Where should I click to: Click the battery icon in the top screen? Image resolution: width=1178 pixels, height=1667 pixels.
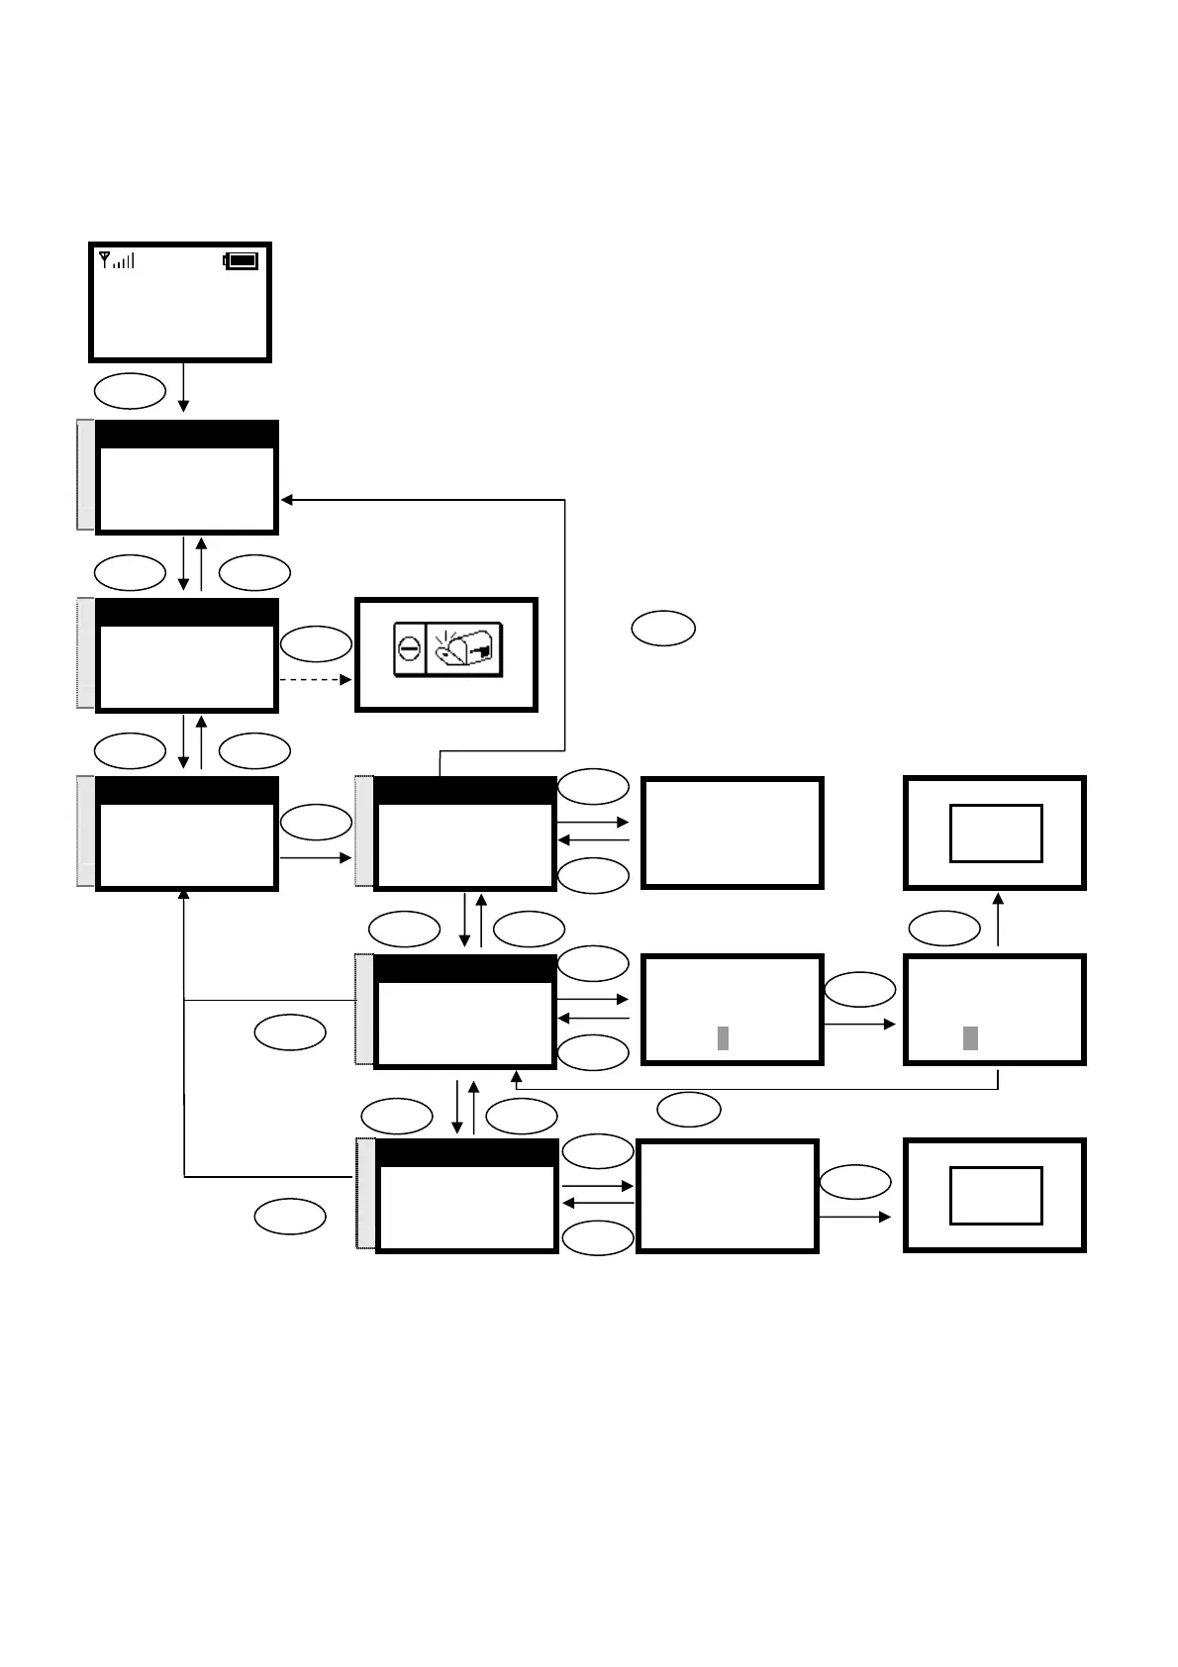click(x=242, y=261)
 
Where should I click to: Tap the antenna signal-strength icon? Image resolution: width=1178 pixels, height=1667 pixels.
click(x=117, y=260)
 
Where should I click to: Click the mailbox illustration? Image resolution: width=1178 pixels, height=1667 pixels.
click(x=463, y=648)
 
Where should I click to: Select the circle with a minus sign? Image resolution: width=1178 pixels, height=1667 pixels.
click(x=410, y=650)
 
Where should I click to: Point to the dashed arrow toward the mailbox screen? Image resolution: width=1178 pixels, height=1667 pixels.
click(x=316, y=680)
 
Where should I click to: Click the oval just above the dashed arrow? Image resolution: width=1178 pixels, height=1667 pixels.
click(x=316, y=644)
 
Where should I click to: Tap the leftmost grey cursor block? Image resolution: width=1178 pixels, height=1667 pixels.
click(x=723, y=1037)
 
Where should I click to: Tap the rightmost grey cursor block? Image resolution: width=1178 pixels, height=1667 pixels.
click(x=970, y=1037)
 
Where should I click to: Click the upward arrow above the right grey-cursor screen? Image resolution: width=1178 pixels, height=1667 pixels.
click(x=998, y=919)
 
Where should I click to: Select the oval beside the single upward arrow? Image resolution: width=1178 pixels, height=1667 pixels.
click(x=944, y=929)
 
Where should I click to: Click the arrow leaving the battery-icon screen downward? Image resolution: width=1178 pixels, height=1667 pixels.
click(x=183, y=387)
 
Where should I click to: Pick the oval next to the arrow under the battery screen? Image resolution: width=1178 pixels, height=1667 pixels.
click(x=130, y=391)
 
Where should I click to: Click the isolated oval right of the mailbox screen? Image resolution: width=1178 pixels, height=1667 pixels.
click(x=663, y=629)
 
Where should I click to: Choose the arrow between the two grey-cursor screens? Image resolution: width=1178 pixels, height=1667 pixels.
click(x=859, y=1025)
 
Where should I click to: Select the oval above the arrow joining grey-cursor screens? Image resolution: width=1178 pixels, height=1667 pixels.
click(x=859, y=989)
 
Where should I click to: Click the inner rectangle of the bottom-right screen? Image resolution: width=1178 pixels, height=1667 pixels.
click(x=996, y=1195)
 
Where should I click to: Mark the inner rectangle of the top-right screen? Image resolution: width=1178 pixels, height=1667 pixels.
click(x=996, y=833)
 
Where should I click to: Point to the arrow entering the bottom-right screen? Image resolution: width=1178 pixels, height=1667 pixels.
click(x=855, y=1217)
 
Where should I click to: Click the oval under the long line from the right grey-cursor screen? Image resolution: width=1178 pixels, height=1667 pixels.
click(x=689, y=1110)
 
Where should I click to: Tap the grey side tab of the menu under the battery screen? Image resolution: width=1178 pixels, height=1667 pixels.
click(x=86, y=475)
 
